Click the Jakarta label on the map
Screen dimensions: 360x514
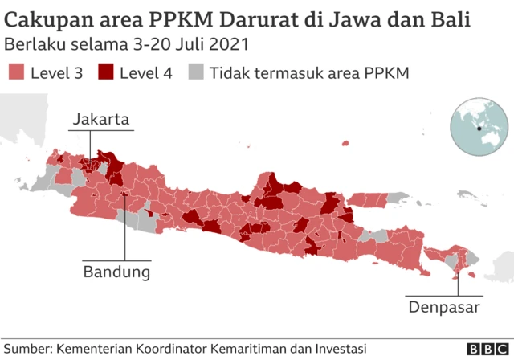[x=100, y=120]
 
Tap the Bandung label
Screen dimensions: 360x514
[x=116, y=272]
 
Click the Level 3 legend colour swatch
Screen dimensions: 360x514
[x=16, y=73]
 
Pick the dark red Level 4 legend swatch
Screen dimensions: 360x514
[x=105, y=73]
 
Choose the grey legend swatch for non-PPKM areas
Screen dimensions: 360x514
[x=195, y=73]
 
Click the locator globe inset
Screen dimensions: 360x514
[x=479, y=129]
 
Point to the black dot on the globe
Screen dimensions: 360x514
[x=478, y=129]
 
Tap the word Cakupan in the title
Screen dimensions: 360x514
[x=43, y=18]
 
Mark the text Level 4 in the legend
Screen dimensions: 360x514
[x=146, y=73]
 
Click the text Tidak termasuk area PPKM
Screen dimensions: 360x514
[x=310, y=73]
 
